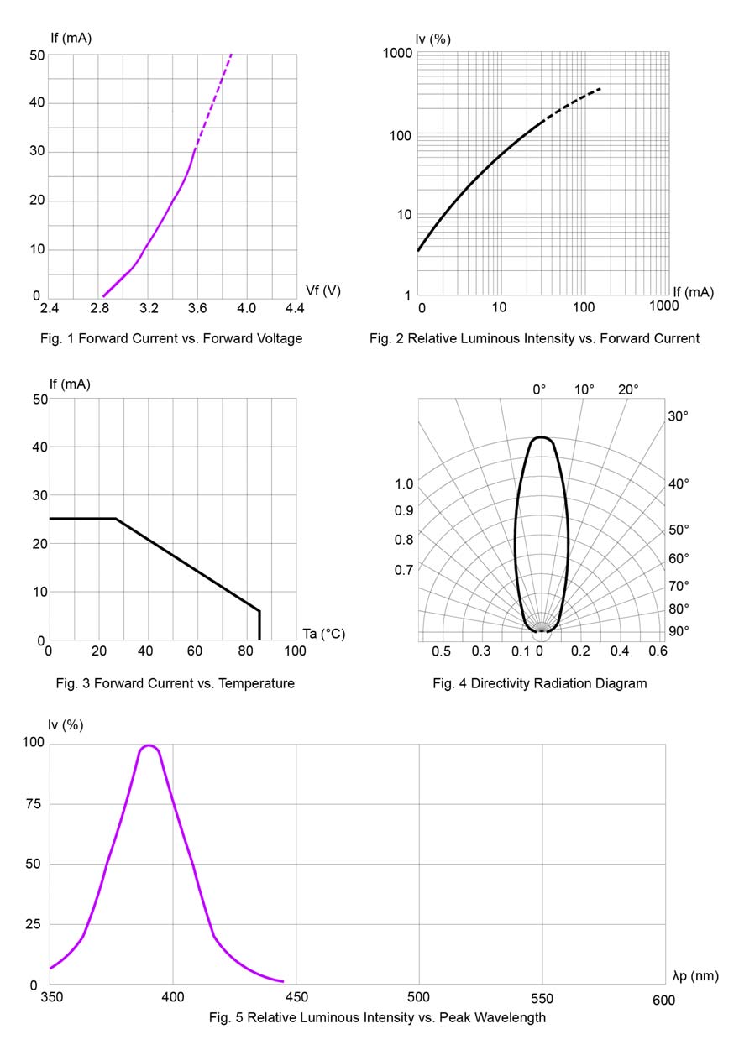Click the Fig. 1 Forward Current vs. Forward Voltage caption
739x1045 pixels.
(170, 338)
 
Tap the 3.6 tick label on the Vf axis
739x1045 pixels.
(197, 309)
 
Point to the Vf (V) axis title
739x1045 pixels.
(323, 290)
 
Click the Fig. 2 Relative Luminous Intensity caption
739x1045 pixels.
(534, 338)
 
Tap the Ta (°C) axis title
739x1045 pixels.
(324, 634)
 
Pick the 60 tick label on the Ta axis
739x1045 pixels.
(198, 651)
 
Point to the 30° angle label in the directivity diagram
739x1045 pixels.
(678, 417)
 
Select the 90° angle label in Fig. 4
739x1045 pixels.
(678, 630)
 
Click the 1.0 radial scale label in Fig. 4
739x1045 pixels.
(404, 484)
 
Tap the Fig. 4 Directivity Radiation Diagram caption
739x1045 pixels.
(540, 683)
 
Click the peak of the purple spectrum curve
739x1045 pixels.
(149, 745)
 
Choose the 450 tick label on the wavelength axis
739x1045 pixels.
(296, 999)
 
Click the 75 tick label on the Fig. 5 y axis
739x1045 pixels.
(34, 804)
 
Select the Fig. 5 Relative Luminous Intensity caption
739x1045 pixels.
(377, 1017)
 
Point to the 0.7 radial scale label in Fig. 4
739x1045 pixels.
(404, 571)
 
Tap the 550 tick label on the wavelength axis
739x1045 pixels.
(542, 999)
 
